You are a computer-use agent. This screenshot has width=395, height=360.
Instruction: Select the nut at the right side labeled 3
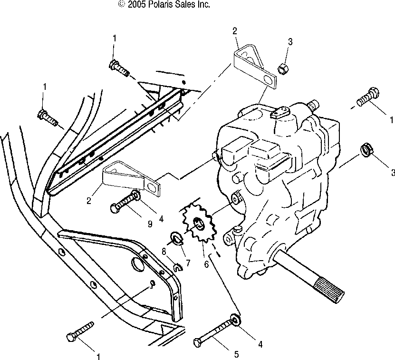pyautogui.click(x=367, y=150)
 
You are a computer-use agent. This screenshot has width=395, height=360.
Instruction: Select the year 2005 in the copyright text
pyautogui.click(x=135, y=4)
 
